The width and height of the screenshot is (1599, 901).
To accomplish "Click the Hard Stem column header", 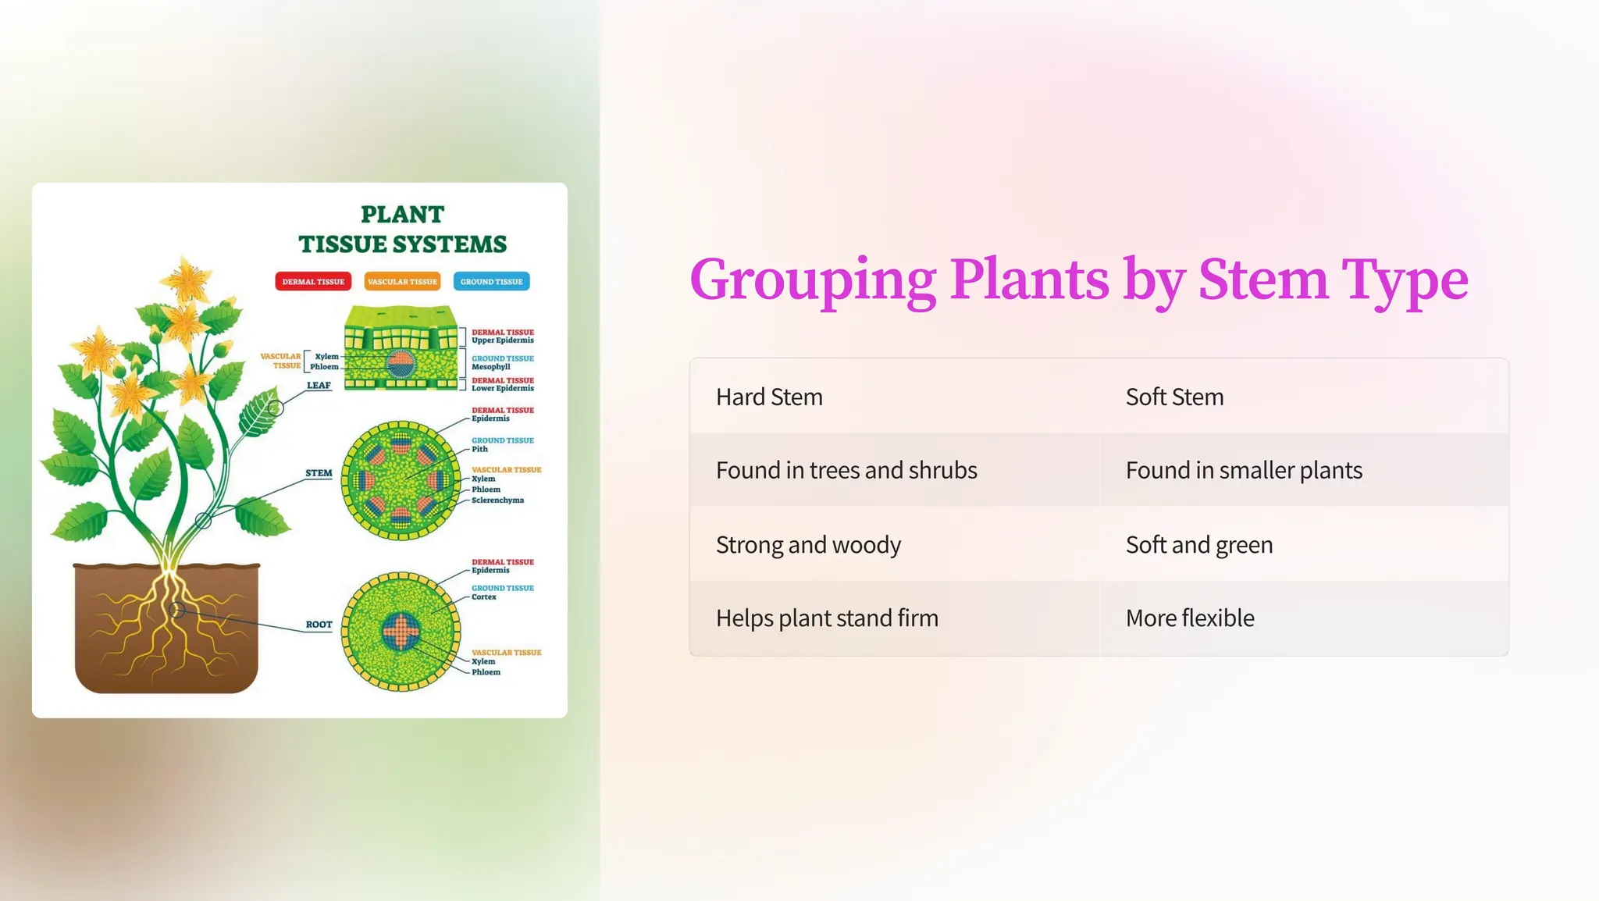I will [x=769, y=397].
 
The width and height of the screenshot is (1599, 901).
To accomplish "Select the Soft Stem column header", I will [x=1174, y=397].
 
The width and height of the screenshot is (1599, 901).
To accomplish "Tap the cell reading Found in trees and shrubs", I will [x=846, y=470].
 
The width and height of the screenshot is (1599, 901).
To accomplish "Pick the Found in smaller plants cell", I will [x=1244, y=470].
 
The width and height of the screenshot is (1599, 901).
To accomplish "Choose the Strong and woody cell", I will [x=808, y=544].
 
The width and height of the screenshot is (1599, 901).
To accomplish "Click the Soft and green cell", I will [x=1199, y=544].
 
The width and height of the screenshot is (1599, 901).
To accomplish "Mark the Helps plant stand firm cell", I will [x=827, y=618].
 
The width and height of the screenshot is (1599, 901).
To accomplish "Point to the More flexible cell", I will [x=1190, y=618].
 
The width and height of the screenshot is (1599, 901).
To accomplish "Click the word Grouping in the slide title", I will [x=813, y=280].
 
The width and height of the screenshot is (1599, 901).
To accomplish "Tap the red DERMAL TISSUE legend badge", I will [x=313, y=281].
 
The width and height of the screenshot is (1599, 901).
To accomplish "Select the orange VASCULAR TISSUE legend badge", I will [x=402, y=281].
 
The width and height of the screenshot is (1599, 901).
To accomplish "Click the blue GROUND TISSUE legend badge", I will [x=491, y=281].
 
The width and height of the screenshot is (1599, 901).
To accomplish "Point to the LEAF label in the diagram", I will [x=319, y=385].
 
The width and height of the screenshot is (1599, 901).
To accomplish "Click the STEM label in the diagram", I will [x=319, y=473].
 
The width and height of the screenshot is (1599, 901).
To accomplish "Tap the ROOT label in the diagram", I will [x=319, y=625].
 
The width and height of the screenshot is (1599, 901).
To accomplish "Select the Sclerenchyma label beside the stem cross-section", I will [x=497, y=500].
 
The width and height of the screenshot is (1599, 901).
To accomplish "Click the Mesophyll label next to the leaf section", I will [x=490, y=366].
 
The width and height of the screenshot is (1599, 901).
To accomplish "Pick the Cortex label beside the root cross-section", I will [x=483, y=597].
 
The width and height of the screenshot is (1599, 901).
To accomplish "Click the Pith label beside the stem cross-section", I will [x=479, y=449].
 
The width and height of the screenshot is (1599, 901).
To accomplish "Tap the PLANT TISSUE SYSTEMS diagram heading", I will [x=402, y=229].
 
